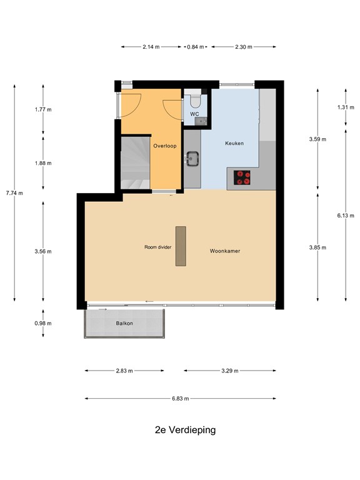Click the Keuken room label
[234, 143]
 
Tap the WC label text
[194, 114]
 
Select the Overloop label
[165, 146]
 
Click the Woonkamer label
[225, 251]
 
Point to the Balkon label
[124, 324]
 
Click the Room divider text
[157, 247]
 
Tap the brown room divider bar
[181, 245]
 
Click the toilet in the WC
[194, 101]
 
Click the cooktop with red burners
[242, 178]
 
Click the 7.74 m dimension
[14, 192]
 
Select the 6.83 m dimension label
[181, 398]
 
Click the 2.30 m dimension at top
[244, 46]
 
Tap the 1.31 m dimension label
[346, 107]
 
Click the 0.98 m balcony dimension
[43, 323]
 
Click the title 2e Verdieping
[185, 430]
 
